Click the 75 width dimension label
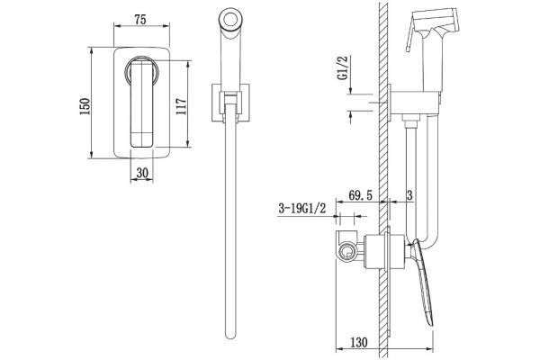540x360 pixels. pyautogui.click(x=140, y=19)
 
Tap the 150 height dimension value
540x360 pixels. pyautogui.click(x=85, y=106)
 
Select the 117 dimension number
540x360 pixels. pyautogui.click(x=181, y=106)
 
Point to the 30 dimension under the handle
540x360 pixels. pyautogui.click(x=142, y=173)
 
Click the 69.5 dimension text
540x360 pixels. pyautogui.click(x=361, y=195)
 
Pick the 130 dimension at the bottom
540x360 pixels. pyautogui.click(x=359, y=342)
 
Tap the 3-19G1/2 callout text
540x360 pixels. pyautogui.click(x=301, y=208)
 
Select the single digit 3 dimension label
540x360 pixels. pyautogui.click(x=409, y=195)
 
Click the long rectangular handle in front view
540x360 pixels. pyautogui.click(x=141, y=103)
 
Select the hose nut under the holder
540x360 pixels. pyautogui.click(x=411, y=121)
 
